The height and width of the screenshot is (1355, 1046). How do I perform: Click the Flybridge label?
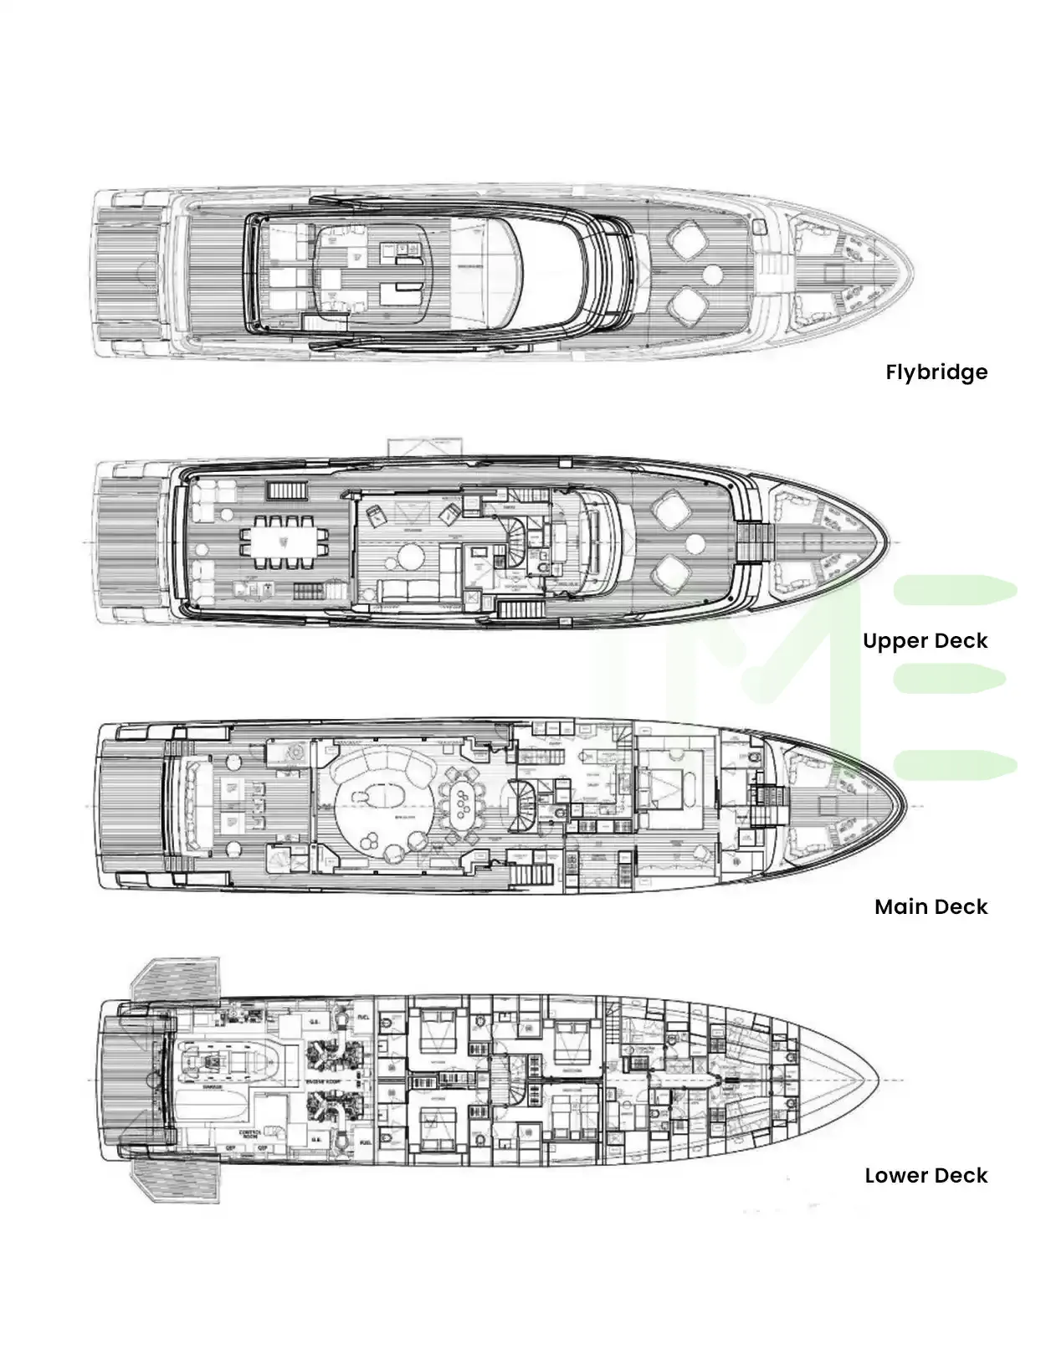[936, 372]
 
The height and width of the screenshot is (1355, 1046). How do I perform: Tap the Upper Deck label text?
[925, 641]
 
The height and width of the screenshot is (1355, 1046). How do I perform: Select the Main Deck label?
[931, 907]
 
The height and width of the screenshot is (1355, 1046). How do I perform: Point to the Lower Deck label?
[926, 1176]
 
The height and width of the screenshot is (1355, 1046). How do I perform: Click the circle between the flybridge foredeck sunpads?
[713, 274]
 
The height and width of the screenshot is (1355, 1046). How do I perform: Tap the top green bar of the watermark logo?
[954, 590]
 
